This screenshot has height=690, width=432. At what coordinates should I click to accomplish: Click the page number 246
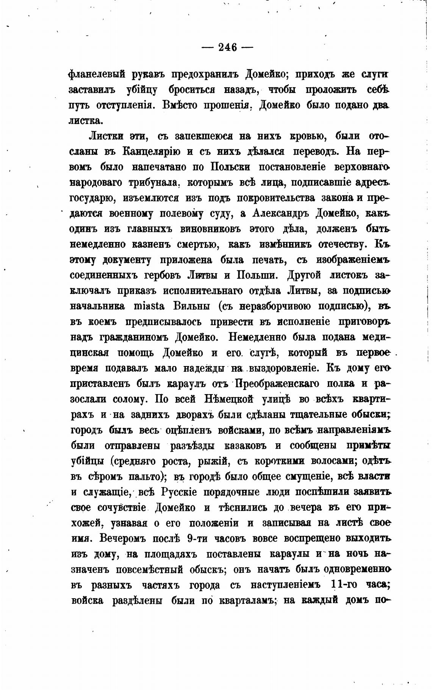coord(227,47)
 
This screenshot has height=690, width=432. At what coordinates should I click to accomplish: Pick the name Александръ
coord(280,214)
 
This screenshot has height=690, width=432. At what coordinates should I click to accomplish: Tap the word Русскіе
coord(179,492)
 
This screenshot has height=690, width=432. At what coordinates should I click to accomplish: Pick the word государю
coord(91,198)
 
